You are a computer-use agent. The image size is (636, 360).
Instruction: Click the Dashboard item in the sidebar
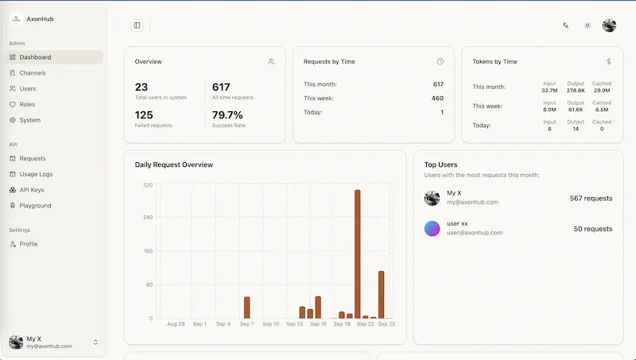[35, 57]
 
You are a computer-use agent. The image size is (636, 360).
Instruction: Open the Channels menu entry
[33, 73]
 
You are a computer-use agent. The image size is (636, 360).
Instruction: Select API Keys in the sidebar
[32, 190]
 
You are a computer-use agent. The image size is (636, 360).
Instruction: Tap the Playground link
[35, 206]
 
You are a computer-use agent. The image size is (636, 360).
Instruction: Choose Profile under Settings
[29, 244]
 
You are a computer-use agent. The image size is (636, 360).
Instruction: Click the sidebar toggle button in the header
[137, 25]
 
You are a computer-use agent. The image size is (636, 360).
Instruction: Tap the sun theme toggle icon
[588, 25]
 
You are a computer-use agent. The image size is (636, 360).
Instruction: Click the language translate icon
[565, 25]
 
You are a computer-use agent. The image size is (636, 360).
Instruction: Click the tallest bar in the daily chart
[357, 254]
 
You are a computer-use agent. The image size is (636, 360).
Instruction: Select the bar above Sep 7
[247, 308]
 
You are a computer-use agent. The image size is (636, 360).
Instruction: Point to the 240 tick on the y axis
[148, 217]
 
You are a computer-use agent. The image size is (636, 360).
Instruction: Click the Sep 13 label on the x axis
[294, 324]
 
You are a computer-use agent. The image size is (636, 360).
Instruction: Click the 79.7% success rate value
[227, 115]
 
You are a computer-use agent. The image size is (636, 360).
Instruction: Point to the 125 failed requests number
[144, 115]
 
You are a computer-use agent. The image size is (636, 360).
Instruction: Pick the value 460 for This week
[437, 98]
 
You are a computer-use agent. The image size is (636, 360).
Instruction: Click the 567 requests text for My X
[591, 198]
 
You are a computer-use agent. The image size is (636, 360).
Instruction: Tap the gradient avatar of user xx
[432, 228]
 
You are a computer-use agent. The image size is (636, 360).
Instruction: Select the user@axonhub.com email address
[475, 233]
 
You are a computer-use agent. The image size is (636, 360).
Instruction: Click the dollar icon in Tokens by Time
[609, 62]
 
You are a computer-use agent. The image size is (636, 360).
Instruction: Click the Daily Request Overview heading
[173, 165]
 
